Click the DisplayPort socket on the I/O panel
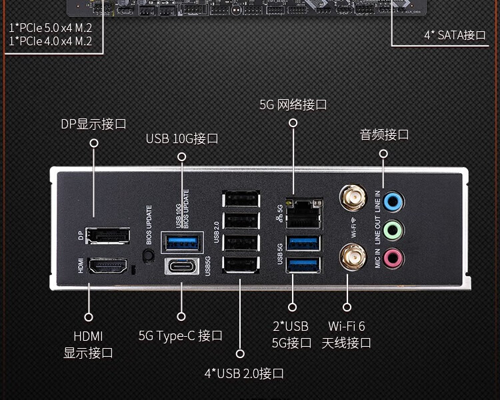[x=108, y=236]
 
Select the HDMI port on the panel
[x=107, y=266]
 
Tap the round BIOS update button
[x=147, y=256]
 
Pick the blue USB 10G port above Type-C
[x=182, y=242]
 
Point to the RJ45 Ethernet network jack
[x=303, y=214]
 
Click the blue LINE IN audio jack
[x=393, y=202]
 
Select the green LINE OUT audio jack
[x=393, y=230]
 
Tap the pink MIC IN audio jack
[x=393, y=258]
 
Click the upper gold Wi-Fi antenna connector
[x=353, y=198]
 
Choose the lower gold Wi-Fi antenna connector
[x=353, y=257]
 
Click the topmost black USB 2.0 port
[x=241, y=200]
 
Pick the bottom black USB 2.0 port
[x=241, y=265]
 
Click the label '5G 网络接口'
[x=293, y=104]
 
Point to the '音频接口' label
[x=384, y=134]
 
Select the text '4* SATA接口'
[x=455, y=35]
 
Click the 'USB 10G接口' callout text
[x=182, y=138]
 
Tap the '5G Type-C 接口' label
[x=180, y=335]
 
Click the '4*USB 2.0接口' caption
[x=244, y=373]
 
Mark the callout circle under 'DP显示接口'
[x=94, y=143]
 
